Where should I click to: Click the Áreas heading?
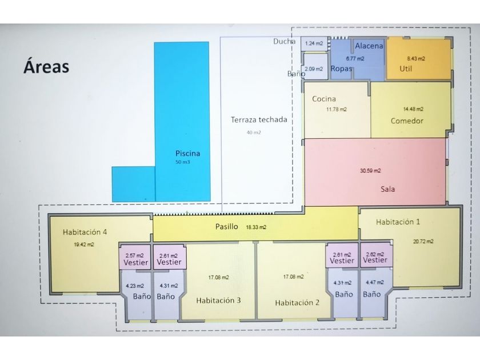[x=46, y=66]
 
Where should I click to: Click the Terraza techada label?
[x=259, y=120]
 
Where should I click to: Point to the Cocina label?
[x=323, y=99]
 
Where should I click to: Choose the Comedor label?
[x=407, y=121]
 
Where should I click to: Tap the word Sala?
[x=388, y=189]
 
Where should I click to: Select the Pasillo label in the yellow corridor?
[x=227, y=226]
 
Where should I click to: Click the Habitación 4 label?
[x=85, y=232]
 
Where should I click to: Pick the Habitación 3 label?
[x=218, y=301]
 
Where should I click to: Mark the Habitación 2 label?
[x=297, y=302]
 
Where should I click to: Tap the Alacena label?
[x=369, y=46]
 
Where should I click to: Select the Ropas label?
[x=342, y=69]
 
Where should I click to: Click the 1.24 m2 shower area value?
[x=314, y=43]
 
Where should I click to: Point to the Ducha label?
[x=284, y=41]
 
